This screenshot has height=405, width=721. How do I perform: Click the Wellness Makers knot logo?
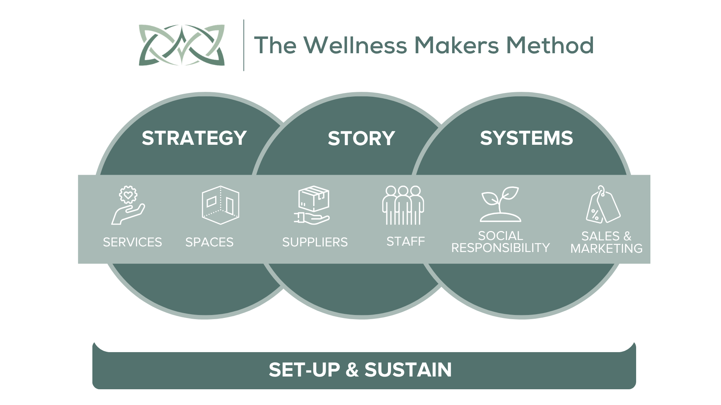pyautogui.click(x=182, y=45)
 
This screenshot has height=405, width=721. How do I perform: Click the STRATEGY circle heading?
pyautogui.click(x=194, y=138)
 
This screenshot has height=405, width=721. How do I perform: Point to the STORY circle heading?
pyautogui.click(x=361, y=138)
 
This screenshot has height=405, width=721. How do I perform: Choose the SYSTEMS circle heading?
pyautogui.click(x=526, y=138)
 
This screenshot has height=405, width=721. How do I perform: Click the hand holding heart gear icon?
pyautogui.click(x=128, y=206)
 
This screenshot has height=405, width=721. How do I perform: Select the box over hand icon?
pyautogui.click(x=312, y=205)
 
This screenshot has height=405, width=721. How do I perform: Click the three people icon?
pyautogui.click(x=403, y=205)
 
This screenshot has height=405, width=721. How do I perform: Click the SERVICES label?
pyautogui.click(x=133, y=242)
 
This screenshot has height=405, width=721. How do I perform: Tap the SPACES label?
pyautogui.click(x=210, y=242)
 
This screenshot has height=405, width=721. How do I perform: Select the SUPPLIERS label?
pyautogui.click(x=315, y=242)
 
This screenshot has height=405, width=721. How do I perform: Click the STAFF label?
pyautogui.click(x=406, y=241)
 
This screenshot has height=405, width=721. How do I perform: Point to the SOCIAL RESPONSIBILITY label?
pyautogui.click(x=500, y=242)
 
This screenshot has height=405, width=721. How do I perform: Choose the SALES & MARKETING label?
pyautogui.click(x=606, y=242)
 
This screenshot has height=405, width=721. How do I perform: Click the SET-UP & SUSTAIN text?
pyautogui.click(x=360, y=370)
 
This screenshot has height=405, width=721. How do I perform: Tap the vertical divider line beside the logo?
pyautogui.click(x=244, y=45)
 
